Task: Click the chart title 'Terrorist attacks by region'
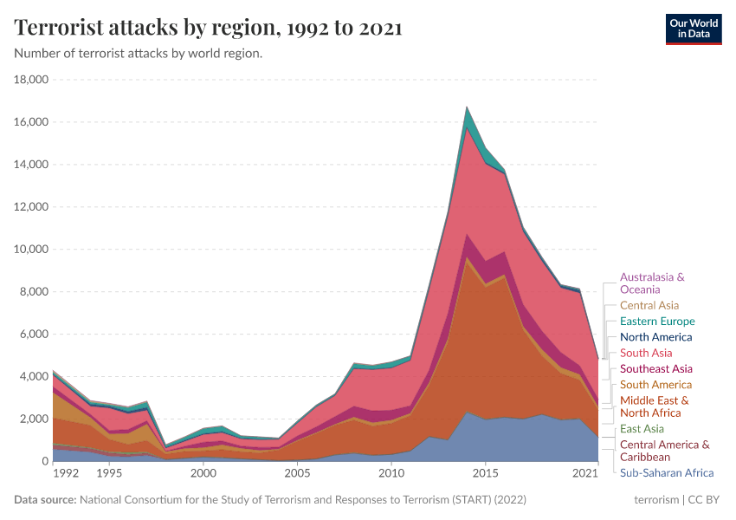click(208, 28)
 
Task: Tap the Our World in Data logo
click(693, 28)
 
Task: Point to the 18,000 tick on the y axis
click(31, 80)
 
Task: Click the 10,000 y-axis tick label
click(31, 250)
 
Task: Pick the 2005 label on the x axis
click(297, 474)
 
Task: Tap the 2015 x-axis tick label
click(486, 474)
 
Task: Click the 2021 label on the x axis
click(586, 474)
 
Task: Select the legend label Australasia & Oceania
click(652, 283)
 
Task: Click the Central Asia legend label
click(649, 305)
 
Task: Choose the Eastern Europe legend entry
click(656, 322)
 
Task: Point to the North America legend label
click(655, 337)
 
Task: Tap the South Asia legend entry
click(646, 353)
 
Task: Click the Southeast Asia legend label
click(655, 368)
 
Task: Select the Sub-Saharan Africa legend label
click(666, 472)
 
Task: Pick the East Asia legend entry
click(642, 428)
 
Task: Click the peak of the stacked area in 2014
click(468, 107)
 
